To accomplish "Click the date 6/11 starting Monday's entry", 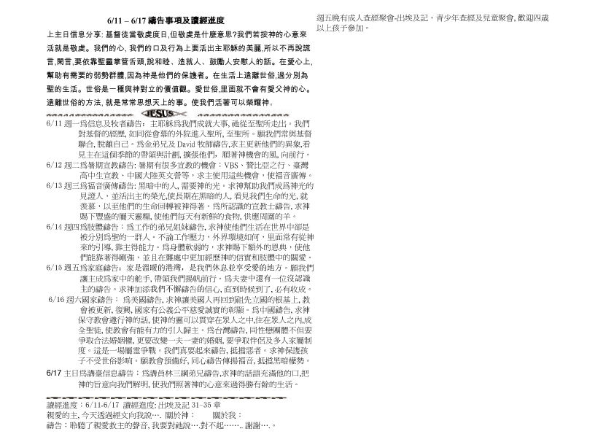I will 53,124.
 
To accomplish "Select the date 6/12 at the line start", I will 53,165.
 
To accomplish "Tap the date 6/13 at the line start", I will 53,185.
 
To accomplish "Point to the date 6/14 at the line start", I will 53,227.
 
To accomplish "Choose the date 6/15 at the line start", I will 53,268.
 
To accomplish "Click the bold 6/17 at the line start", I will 53,372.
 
